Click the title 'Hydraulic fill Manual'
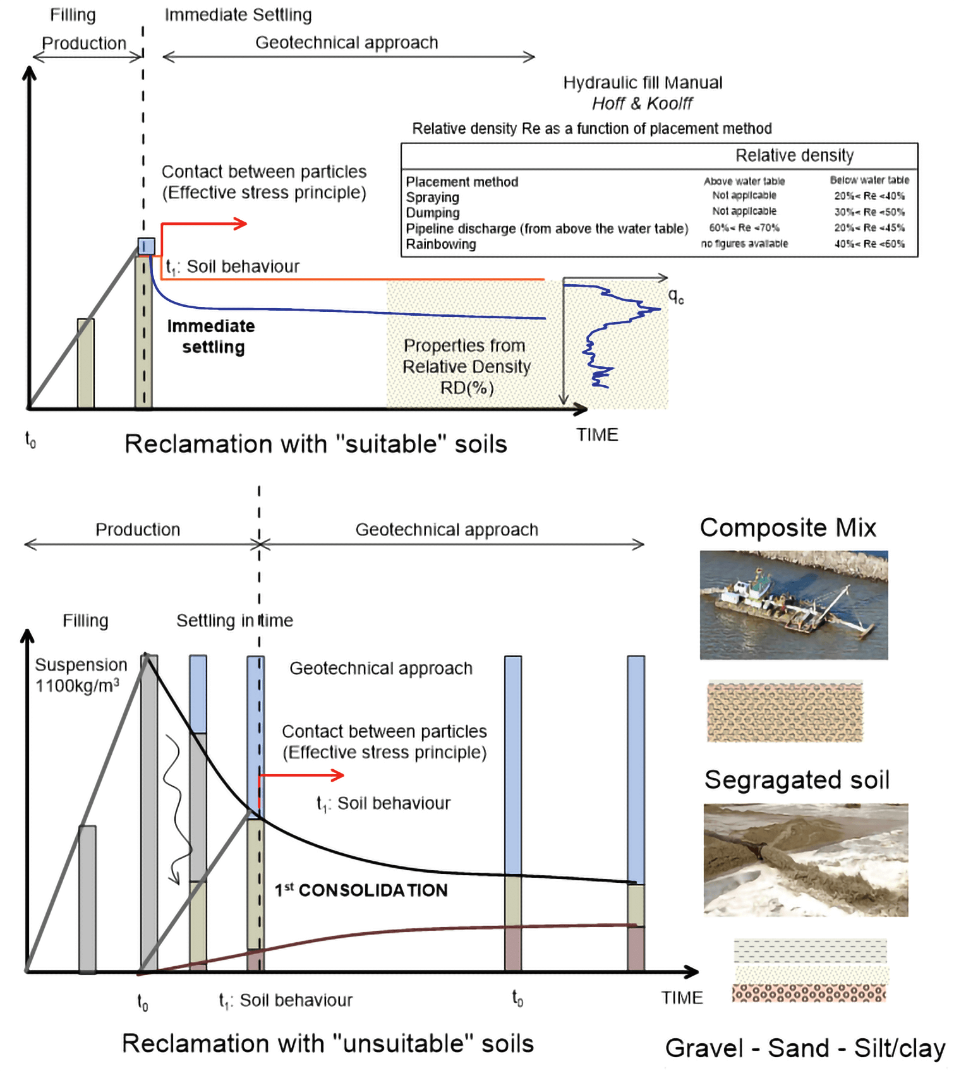pyautogui.click(x=643, y=83)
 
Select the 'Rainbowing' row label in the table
pyautogui.click(x=440, y=244)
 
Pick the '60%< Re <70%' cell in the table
pyautogui.click(x=744, y=228)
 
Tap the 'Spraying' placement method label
pyautogui.click(x=432, y=197)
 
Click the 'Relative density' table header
pyautogui.click(x=794, y=155)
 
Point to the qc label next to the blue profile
pyautogui.click(x=675, y=296)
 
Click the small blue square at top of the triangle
pyautogui.click(x=147, y=246)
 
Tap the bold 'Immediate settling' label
pyautogui.click(x=212, y=337)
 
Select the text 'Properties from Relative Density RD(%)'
pyautogui.click(x=466, y=366)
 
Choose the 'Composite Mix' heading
pyautogui.click(x=787, y=528)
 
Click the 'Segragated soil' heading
pyautogui.click(x=796, y=780)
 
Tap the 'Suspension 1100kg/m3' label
pyautogui.click(x=80, y=675)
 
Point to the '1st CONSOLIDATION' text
pyautogui.click(x=361, y=890)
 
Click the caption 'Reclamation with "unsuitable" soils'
pyautogui.click(x=327, y=1043)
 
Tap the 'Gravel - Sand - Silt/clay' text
pyautogui.click(x=804, y=1048)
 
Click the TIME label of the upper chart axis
pyautogui.click(x=596, y=434)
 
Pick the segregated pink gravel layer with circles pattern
pyautogui.click(x=809, y=993)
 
